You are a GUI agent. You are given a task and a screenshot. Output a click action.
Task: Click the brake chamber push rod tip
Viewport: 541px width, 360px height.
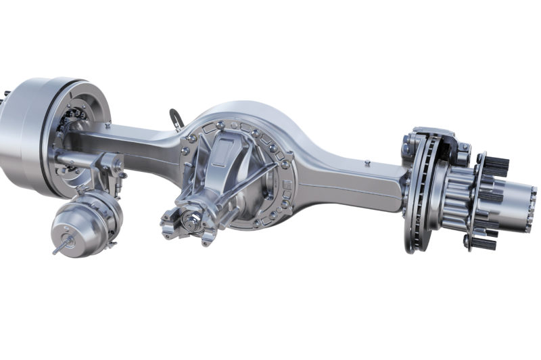pyautogui.click(x=55, y=250)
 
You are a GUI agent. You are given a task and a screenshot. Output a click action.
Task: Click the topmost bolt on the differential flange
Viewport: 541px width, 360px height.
pyautogui.click(x=220, y=124)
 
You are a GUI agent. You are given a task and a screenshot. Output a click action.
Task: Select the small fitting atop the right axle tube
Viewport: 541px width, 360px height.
pyautogui.click(x=366, y=162)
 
